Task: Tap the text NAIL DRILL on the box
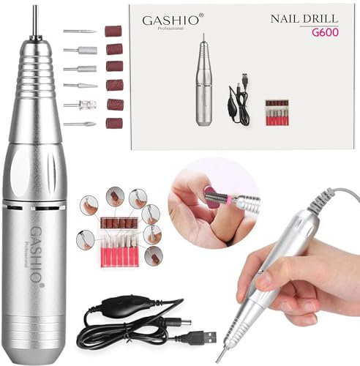click(296, 21)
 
